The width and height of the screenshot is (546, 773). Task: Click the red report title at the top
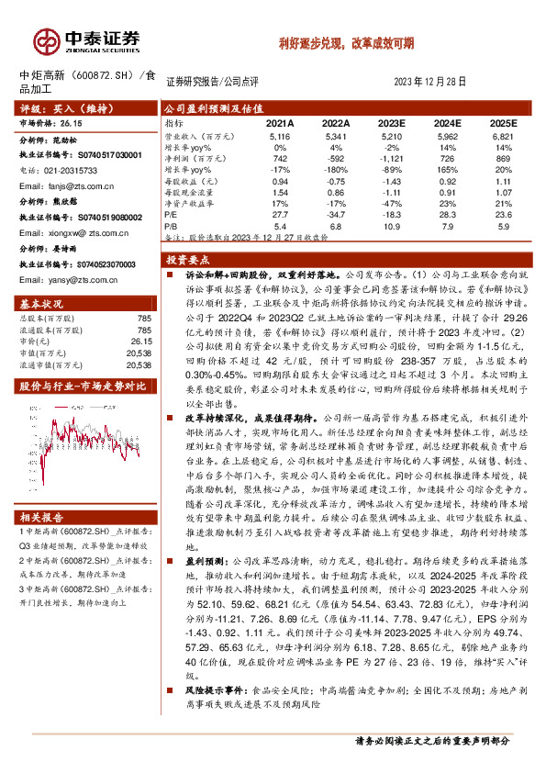coord(347,42)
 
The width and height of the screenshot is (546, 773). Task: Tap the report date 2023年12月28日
coord(429,81)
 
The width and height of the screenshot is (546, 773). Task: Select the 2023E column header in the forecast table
coord(391,122)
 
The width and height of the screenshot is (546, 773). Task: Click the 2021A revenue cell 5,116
coord(280,136)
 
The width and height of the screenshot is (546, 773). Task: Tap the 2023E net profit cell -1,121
coord(391,158)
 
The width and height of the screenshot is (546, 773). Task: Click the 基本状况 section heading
coord(41,304)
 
